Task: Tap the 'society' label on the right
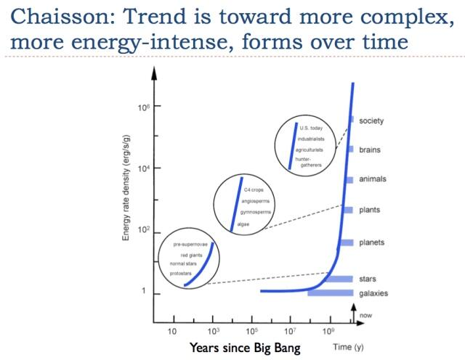click(x=372, y=120)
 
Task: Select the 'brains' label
click(x=371, y=150)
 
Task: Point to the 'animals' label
click(x=373, y=179)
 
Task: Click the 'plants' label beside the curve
click(x=371, y=210)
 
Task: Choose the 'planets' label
click(x=372, y=242)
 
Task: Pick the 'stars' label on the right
click(x=368, y=279)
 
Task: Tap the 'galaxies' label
click(x=373, y=293)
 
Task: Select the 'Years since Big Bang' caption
click(x=245, y=348)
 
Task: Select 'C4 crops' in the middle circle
click(x=253, y=189)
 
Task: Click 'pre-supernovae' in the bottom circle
click(x=190, y=245)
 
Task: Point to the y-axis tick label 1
click(x=144, y=292)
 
